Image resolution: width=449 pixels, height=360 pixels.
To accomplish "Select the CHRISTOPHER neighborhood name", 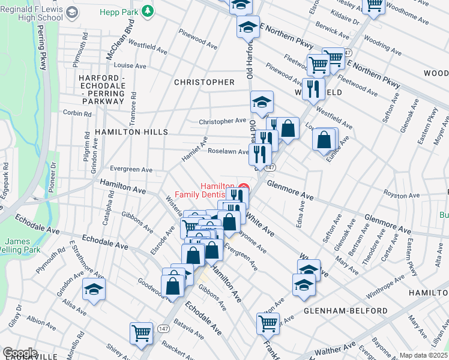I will (204, 82).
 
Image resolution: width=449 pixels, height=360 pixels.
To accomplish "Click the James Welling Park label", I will (22, 245).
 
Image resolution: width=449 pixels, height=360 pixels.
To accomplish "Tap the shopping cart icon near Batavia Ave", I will (141, 332).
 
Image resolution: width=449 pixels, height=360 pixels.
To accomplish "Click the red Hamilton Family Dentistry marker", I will (244, 188).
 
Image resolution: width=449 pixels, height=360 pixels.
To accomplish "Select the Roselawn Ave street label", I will (228, 152).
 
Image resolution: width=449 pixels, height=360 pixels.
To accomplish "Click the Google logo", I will (20, 352).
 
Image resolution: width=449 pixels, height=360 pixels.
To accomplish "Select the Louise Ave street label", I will (130, 66).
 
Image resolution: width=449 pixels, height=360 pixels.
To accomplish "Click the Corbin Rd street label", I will (78, 113).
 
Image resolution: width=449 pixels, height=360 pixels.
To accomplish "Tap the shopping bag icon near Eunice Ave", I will (324, 140).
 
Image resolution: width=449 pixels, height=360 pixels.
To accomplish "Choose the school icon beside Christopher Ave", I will (262, 103).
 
